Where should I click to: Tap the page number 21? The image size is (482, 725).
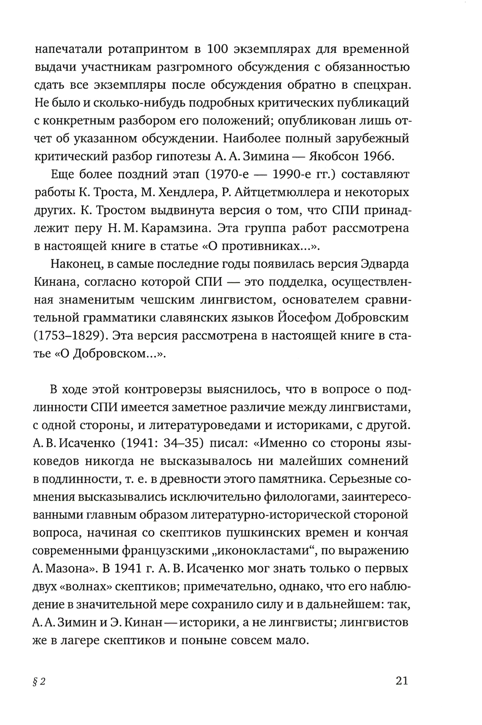click(x=402, y=681)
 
